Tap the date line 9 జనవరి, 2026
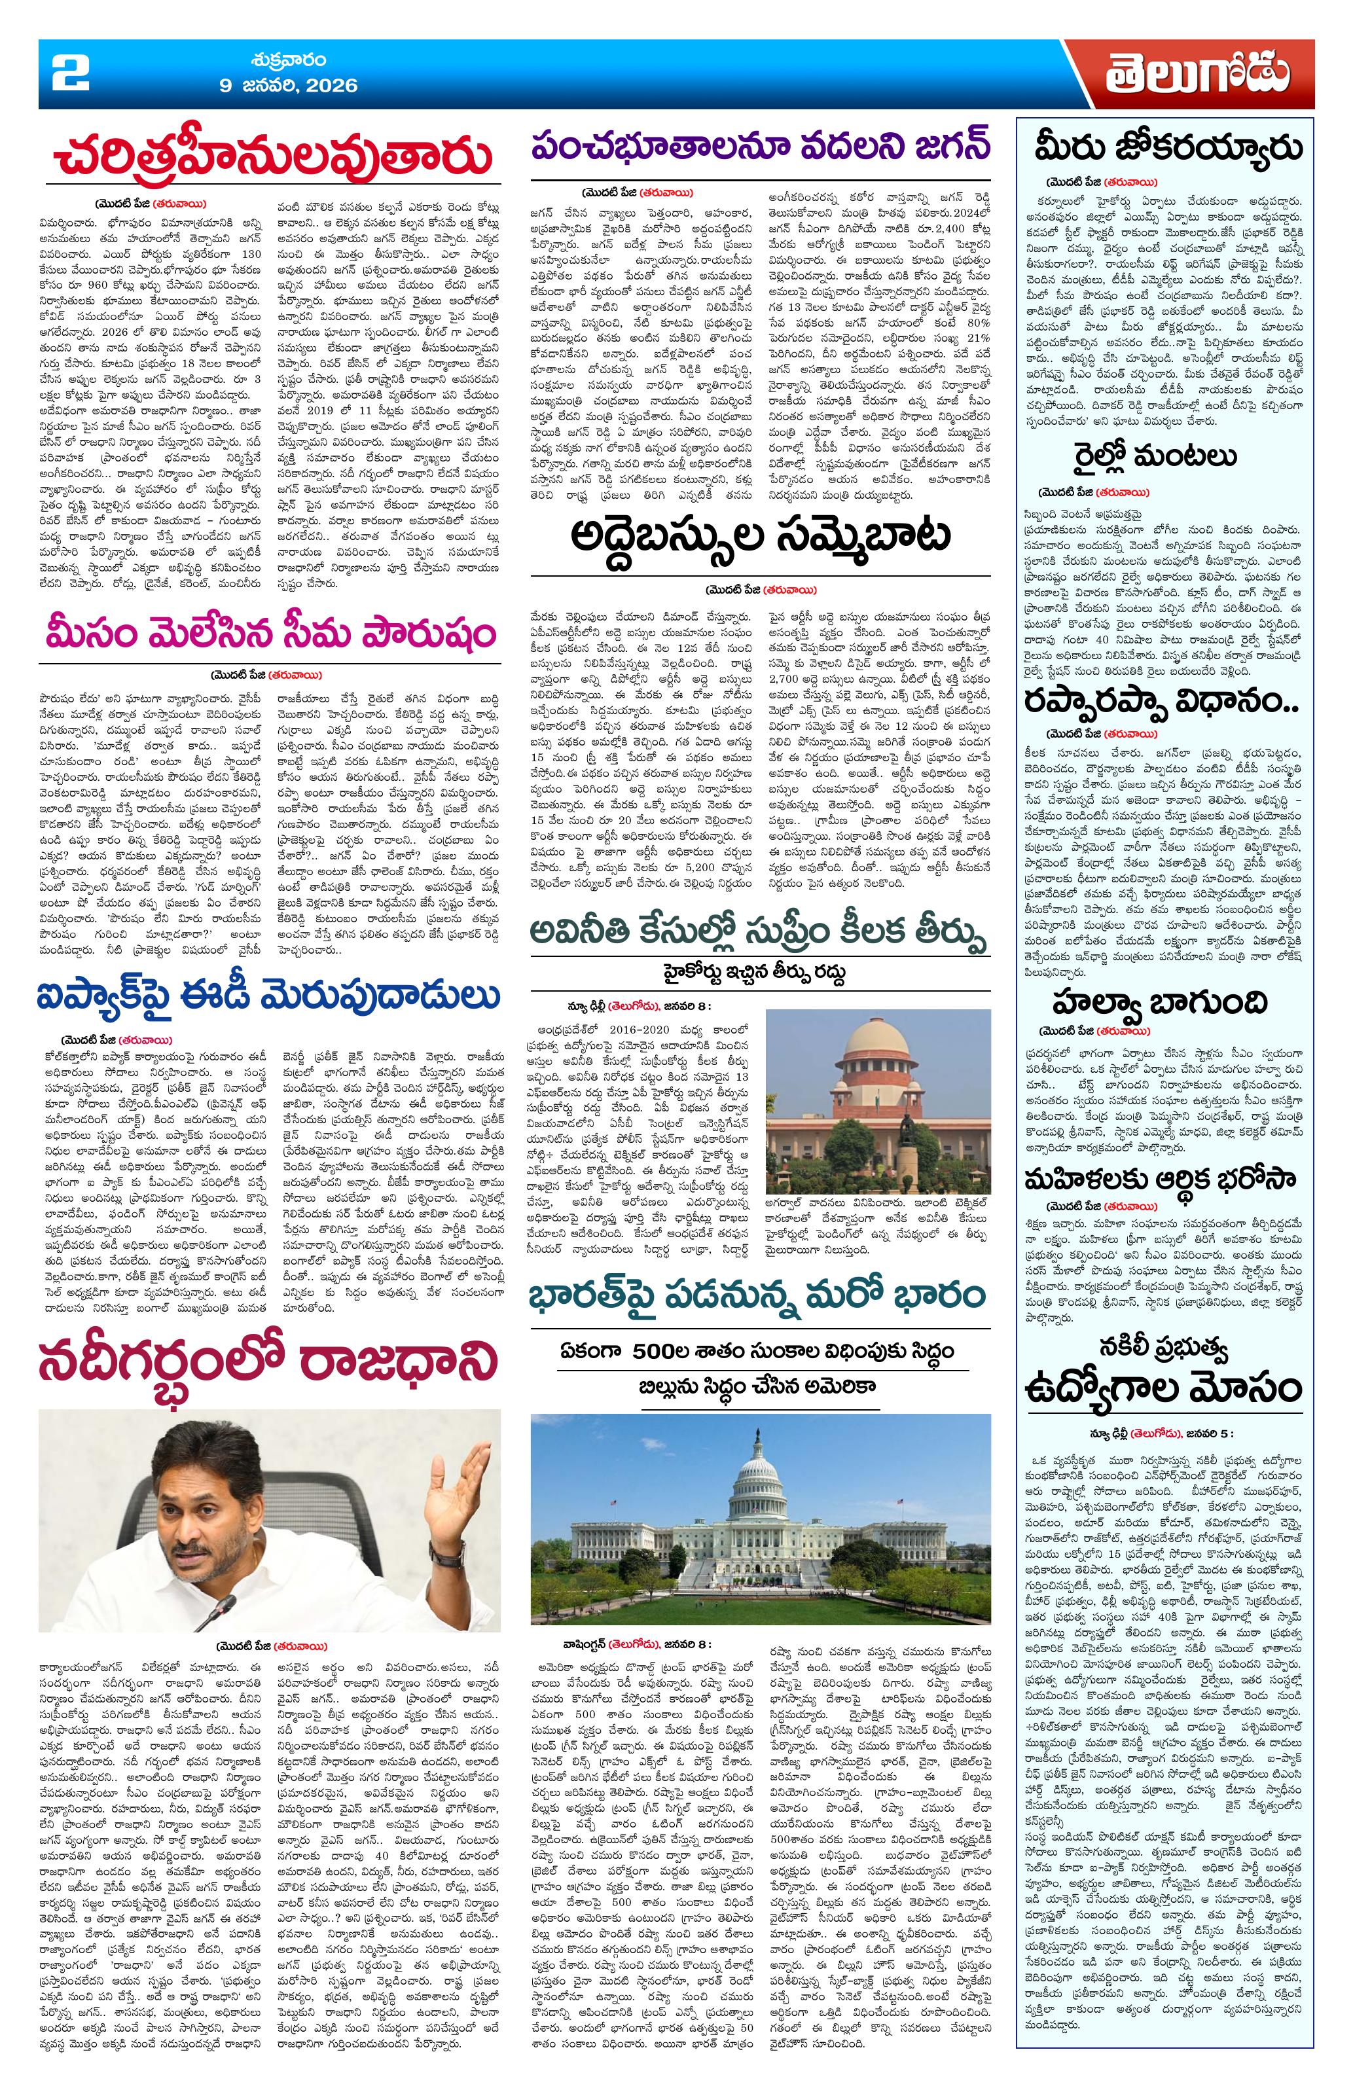click(288, 86)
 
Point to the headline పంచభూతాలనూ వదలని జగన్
click(758, 145)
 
